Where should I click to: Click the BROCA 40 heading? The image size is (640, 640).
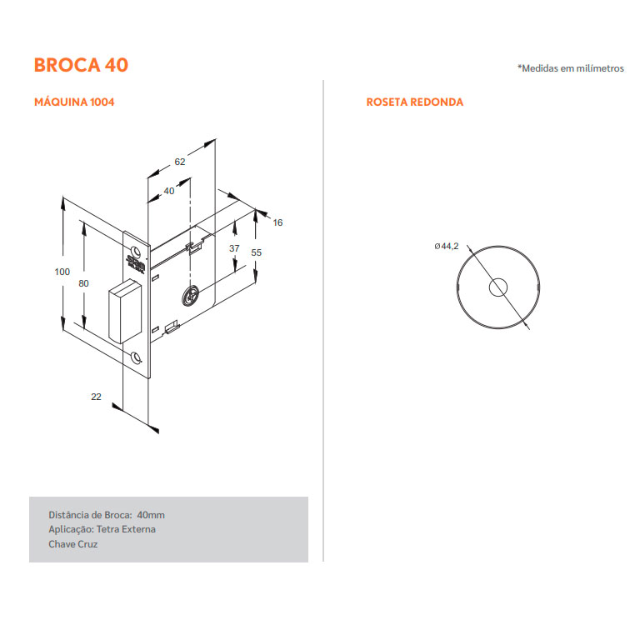click(81, 65)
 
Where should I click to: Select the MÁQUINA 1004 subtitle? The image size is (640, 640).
click(74, 102)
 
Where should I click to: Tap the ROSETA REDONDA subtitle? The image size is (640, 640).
click(415, 102)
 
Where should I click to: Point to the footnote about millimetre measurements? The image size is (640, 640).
click(571, 68)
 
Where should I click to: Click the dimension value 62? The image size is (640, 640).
click(180, 162)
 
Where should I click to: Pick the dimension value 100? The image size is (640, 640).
click(62, 272)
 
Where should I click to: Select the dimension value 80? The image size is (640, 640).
click(83, 283)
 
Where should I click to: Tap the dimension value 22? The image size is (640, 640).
click(96, 397)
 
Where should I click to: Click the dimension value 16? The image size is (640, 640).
click(277, 222)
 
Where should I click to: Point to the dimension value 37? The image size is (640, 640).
click(234, 248)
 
